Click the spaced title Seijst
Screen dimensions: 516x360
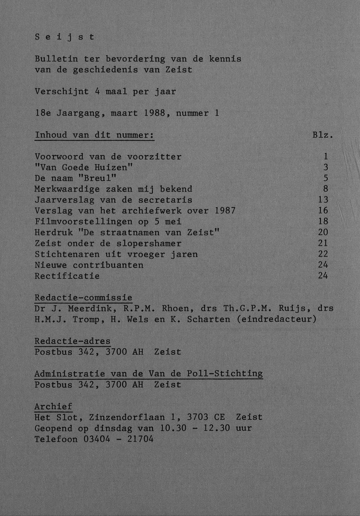tap(64, 37)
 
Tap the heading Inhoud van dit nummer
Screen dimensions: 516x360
tap(94, 135)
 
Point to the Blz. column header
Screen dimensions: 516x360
tap(323, 135)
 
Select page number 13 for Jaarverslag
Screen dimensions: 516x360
tap(323, 200)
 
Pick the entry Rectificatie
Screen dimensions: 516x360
tap(67, 276)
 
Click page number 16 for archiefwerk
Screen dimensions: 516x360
tap(323, 211)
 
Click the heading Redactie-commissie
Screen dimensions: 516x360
tap(83, 298)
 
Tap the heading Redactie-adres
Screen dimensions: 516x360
tap(72, 341)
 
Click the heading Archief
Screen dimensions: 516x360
tap(53, 406)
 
